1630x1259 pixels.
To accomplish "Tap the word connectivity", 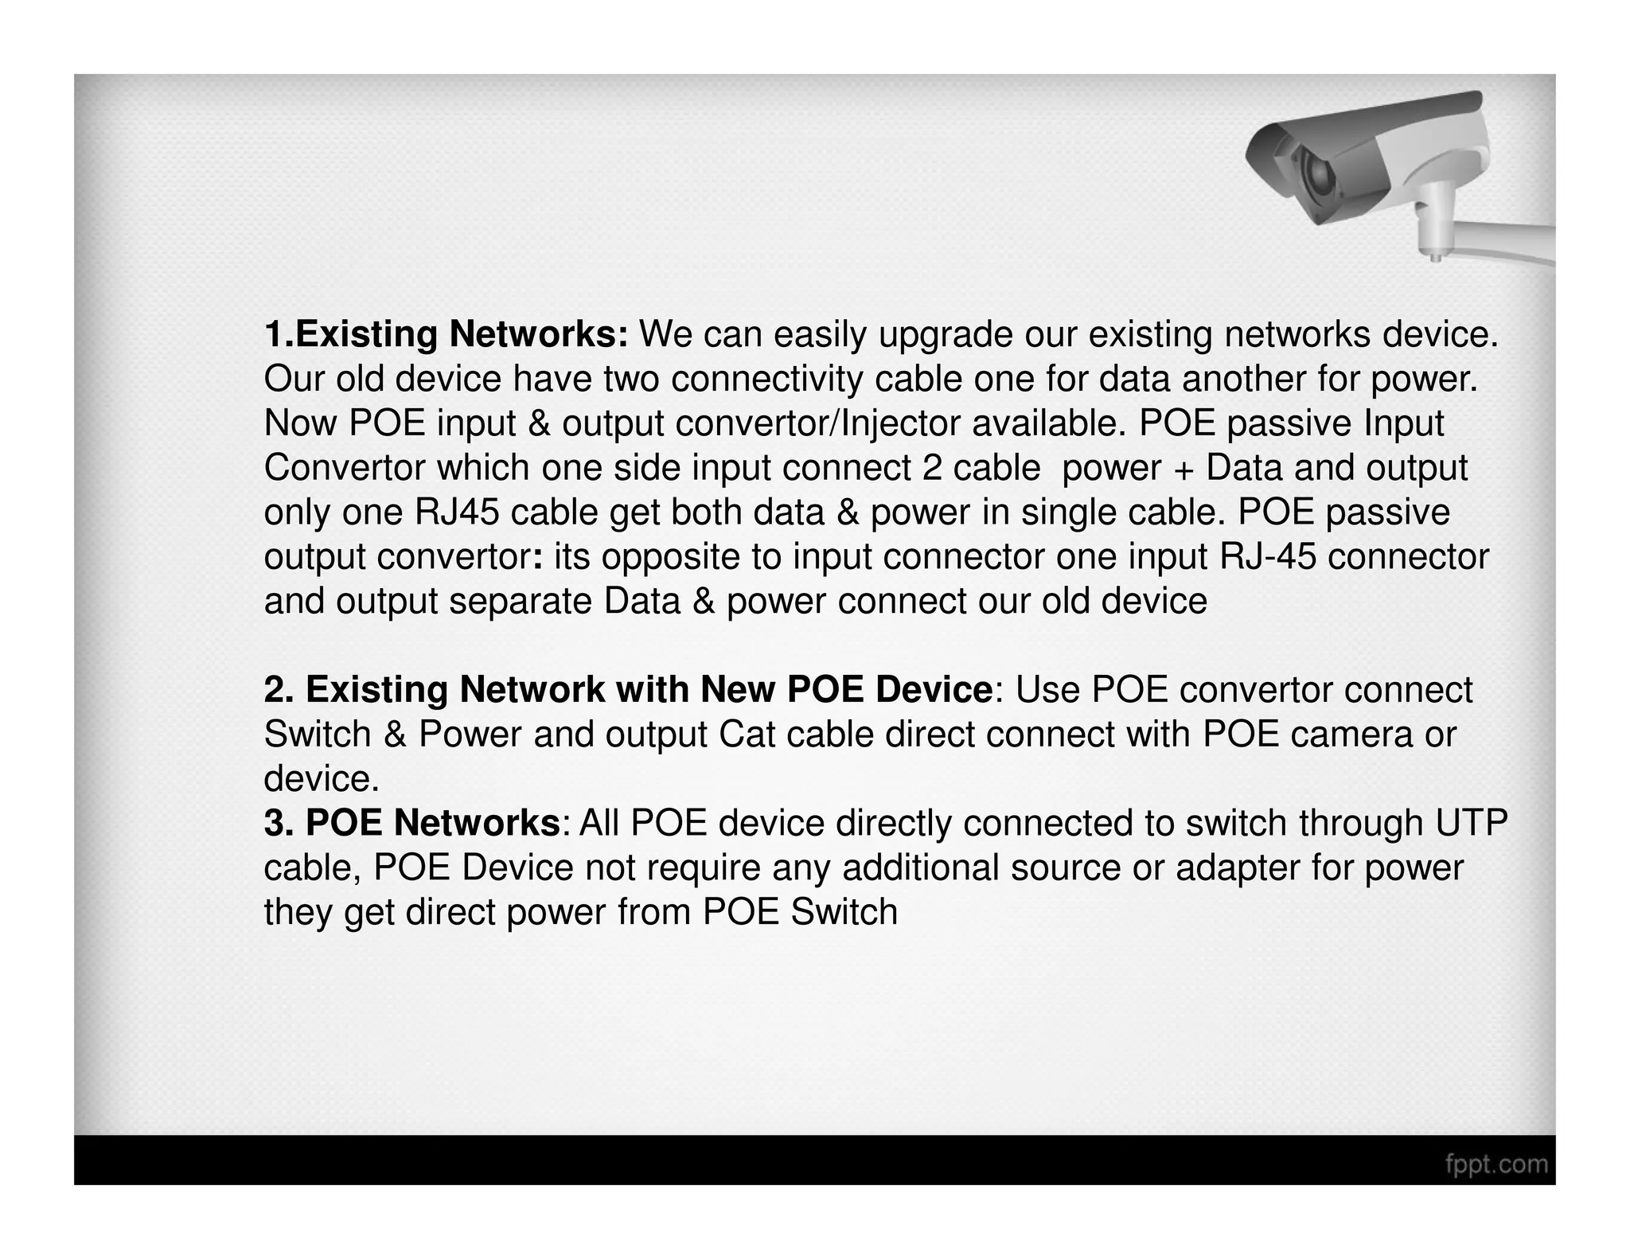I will pyautogui.click(x=766, y=380).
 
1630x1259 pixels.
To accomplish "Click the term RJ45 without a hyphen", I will pyautogui.click(x=457, y=513).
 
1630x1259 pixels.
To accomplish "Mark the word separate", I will pyautogui.click(x=521, y=602).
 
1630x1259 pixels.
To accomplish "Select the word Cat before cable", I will pyautogui.click(x=747, y=735).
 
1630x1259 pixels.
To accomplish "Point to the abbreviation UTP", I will pyautogui.click(x=1472, y=823).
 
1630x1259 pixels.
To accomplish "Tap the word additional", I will pyautogui.click(x=921, y=867).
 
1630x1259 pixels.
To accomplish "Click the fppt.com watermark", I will pyautogui.click(x=1496, y=1164).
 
